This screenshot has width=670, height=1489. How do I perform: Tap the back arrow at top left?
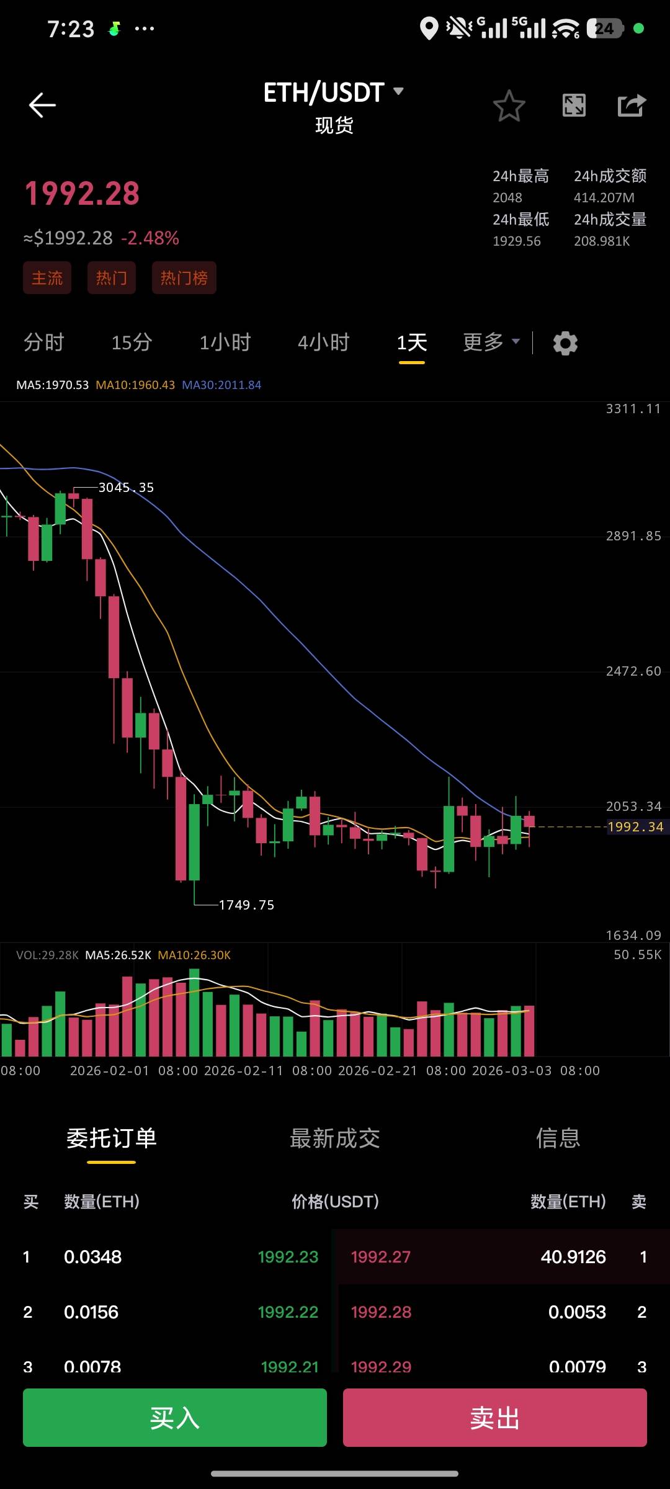coord(42,105)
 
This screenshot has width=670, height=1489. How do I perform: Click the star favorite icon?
coord(509,105)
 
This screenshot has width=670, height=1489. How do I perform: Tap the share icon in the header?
coord(632,105)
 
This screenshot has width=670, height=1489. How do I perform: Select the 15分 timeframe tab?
coord(132,342)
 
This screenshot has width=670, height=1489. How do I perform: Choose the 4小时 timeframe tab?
coord(323,342)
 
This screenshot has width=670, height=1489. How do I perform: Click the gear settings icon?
coord(565,343)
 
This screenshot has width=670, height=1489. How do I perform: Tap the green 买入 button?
coord(175,1418)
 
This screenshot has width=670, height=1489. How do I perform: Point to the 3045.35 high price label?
coord(126,488)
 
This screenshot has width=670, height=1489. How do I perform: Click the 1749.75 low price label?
coord(246,905)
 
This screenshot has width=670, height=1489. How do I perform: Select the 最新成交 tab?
coord(335,1138)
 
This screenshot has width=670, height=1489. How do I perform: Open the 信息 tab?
coord(558,1138)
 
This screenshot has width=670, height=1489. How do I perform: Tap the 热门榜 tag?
coord(184,278)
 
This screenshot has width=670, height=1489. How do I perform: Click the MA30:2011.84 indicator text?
coord(221,385)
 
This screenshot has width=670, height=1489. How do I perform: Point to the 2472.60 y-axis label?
coord(633,671)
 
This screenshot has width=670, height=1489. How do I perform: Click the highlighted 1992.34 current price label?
coord(635,827)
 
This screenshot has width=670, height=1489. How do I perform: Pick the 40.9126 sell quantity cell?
coord(573,1257)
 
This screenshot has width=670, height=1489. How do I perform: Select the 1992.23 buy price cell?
coord(288,1257)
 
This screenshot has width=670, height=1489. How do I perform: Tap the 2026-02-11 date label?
coord(243,1071)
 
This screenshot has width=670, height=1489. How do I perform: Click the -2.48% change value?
coord(150,238)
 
